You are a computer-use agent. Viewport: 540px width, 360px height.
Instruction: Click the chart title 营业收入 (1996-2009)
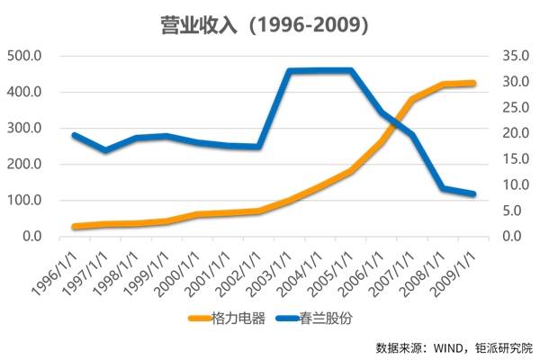click(269, 24)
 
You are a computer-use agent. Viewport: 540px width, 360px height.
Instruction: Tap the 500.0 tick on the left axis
click(24, 56)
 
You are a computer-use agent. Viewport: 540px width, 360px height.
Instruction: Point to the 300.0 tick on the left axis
click(24, 128)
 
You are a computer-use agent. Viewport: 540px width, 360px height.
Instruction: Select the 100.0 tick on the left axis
click(24, 200)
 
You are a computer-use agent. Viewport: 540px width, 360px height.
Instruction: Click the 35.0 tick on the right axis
click(509, 56)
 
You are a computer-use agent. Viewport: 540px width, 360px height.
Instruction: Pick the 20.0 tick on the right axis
click(509, 133)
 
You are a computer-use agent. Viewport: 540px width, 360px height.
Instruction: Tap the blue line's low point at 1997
click(106, 150)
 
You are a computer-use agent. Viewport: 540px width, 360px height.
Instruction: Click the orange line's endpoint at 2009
click(473, 83)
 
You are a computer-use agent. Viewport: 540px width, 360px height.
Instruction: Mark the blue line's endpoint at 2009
click(473, 193)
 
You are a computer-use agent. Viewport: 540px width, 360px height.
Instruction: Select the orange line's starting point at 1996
click(76, 227)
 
